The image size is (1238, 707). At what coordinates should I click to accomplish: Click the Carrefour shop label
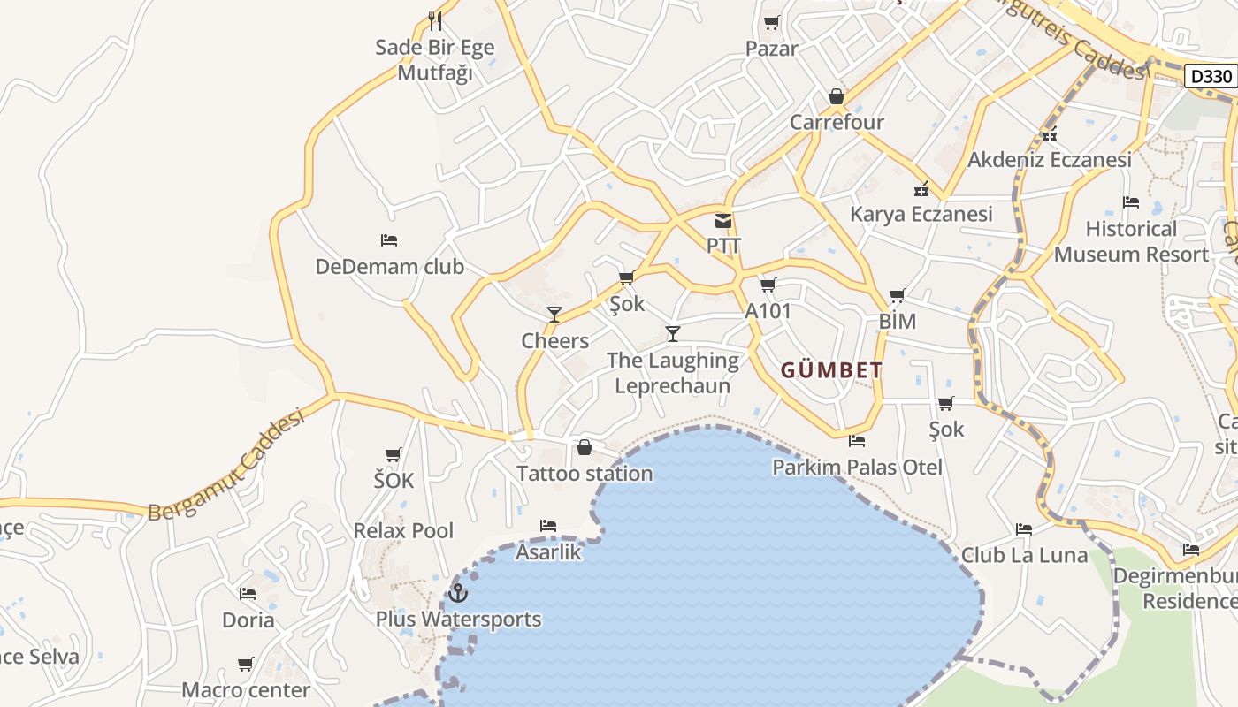pos(837,122)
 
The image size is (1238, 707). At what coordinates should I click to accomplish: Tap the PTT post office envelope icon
pos(723,221)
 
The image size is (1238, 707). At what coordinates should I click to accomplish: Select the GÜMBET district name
pos(831,370)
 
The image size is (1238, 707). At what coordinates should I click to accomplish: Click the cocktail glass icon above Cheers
pos(554,315)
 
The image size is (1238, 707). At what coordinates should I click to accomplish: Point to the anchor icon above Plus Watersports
pos(457,593)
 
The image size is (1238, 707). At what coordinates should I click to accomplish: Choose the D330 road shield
pos(1211,76)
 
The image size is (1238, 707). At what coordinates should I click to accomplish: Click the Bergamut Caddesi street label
pos(226,465)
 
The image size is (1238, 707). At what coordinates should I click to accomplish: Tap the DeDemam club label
pos(389,266)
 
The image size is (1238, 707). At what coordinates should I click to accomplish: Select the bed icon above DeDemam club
pos(389,240)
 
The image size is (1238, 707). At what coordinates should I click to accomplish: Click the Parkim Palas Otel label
pos(857,467)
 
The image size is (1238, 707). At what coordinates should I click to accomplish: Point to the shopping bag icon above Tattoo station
pos(584,447)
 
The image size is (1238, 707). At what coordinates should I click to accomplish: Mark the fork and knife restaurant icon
pos(434,19)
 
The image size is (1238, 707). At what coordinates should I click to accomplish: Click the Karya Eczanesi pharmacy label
pos(921,214)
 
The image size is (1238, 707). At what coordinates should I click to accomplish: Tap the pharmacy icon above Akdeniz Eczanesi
pos(1050,135)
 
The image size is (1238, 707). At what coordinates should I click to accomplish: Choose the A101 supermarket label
pos(768,311)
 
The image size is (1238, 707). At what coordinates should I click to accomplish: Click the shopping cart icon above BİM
pos(898,296)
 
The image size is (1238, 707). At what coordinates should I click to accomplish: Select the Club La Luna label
pos(1024,555)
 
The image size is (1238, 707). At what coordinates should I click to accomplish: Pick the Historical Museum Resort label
pos(1130,241)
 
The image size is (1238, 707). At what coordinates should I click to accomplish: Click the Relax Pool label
pos(403,530)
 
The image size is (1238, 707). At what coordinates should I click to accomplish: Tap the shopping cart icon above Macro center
pos(246,664)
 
